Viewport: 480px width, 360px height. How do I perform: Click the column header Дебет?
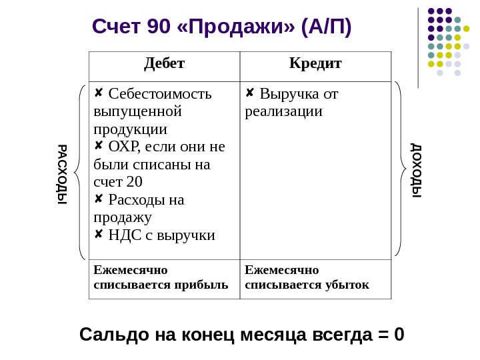point(164,64)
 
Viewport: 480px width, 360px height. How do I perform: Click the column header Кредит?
point(315,64)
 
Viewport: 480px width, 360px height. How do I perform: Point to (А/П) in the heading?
point(326,27)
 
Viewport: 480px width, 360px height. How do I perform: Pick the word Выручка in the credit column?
point(285,93)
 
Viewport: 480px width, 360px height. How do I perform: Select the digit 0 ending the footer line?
point(399,333)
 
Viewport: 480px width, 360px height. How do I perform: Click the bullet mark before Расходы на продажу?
point(99,199)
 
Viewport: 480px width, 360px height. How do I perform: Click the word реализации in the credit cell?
point(283,111)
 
